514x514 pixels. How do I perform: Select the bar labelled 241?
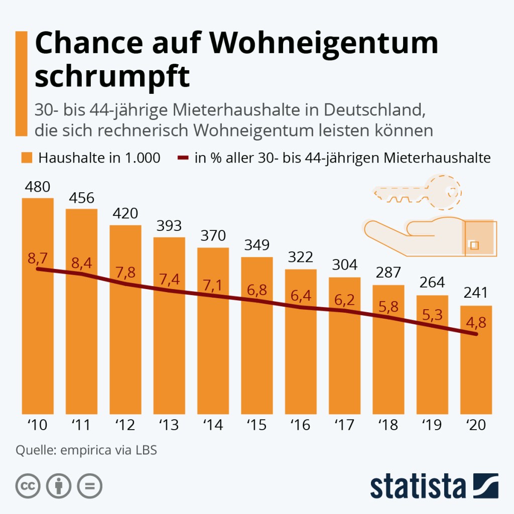[x=476, y=371]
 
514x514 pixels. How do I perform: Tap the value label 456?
[x=81, y=198]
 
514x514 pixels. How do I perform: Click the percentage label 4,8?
[x=476, y=321]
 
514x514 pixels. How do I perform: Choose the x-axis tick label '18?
[x=388, y=426]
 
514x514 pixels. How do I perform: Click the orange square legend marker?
[x=28, y=158]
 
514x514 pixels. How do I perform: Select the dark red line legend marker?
[x=183, y=158]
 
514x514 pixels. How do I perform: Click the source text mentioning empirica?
[x=86, y=450]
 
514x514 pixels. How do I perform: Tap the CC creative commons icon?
[x=28, y=486]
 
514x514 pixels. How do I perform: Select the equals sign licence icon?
[x=89, y=486]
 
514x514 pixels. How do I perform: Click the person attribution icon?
[x=59, y=486]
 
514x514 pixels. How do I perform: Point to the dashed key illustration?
[x=418, y=192]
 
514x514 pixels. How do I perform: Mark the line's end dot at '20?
[x=476, y=334]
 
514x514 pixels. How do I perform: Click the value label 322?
[x=301, y=258]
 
